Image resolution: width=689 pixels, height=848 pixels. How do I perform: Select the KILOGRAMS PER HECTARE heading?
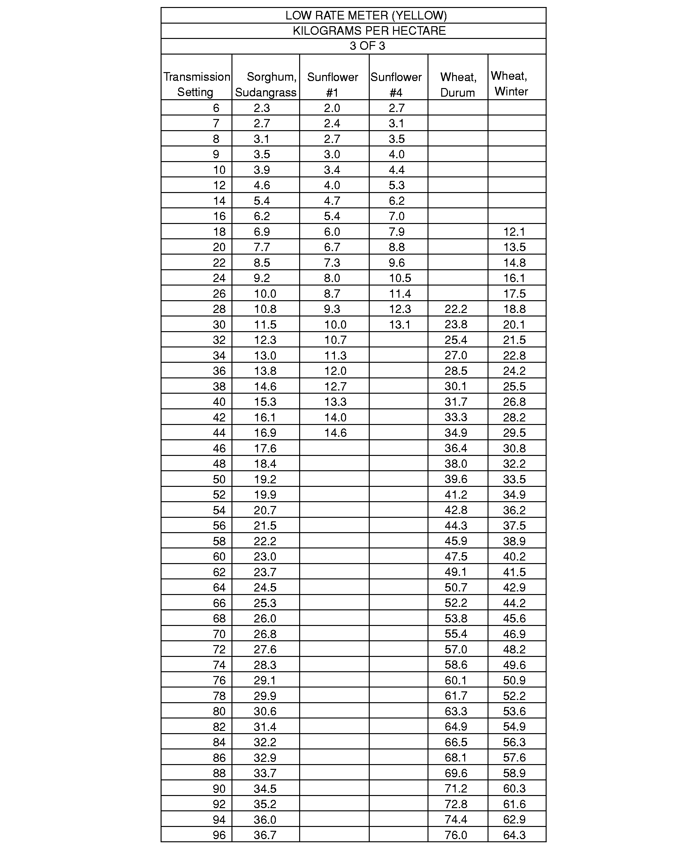click(x=369, y=31)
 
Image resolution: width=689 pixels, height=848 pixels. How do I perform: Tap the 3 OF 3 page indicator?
click(x=367, y=46)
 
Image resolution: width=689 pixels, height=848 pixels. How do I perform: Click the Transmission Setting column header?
click(x=196, y=84)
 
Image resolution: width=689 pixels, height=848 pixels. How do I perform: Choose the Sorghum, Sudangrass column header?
click(x=266, y=84)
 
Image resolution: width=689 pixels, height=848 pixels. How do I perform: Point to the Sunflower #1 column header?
click(x=333, y=84)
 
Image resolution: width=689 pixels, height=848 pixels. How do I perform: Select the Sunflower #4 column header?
click(x=396, y=84)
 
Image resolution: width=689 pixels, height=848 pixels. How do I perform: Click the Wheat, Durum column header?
click(x=458, y=84)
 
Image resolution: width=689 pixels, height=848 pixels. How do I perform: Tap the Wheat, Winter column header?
click(x=511, y=83)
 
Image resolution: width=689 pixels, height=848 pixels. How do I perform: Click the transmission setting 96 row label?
click(x=219, y=835)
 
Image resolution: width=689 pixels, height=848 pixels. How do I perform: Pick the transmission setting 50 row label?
click(x=219, y=479)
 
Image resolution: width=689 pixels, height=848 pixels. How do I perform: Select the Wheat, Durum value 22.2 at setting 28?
click(x=456, y=309)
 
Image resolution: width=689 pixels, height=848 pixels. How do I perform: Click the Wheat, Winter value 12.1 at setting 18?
click(x=514, y=232)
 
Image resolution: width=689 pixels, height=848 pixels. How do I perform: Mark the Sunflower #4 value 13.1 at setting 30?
click(x=399, y=325)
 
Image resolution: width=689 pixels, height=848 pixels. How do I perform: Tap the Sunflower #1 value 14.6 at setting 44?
click(x=335, y=433)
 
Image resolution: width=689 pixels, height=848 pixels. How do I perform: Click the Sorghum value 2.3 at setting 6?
click(x=262, y=108)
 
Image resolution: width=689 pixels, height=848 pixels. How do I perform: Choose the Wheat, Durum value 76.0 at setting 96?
click(x=456, y=835)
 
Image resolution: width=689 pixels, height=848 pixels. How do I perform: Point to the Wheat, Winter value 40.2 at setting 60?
click(x=514, y=556)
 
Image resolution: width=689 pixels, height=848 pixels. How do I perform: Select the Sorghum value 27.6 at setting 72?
click(x=265, y=649)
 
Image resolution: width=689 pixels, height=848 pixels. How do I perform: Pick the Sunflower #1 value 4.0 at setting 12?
click(x=332, y=185)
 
